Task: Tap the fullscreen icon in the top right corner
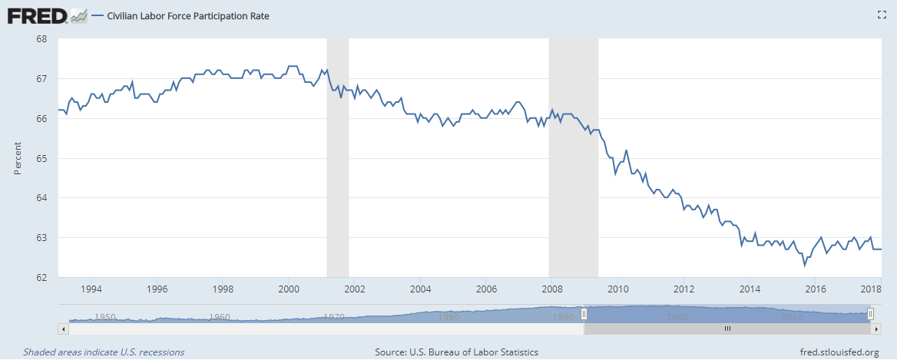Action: click(x=882, y=15)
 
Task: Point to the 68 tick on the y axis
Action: click(x=41, y=39)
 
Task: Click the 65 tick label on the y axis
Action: click(x=41, y=158)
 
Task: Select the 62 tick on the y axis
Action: click(x=41, y=277)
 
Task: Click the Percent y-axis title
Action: click(x=18, y=157)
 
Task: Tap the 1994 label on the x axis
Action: click(x=91, y=289)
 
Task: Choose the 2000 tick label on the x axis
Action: click(x=289, y=289)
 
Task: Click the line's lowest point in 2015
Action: click(x=804, y=265)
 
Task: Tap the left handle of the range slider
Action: click(x=584, y=313)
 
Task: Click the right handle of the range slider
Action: click(x=870, y=313)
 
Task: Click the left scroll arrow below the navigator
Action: click(x=63, y=328)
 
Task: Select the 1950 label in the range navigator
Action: click(x=104, y=316)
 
